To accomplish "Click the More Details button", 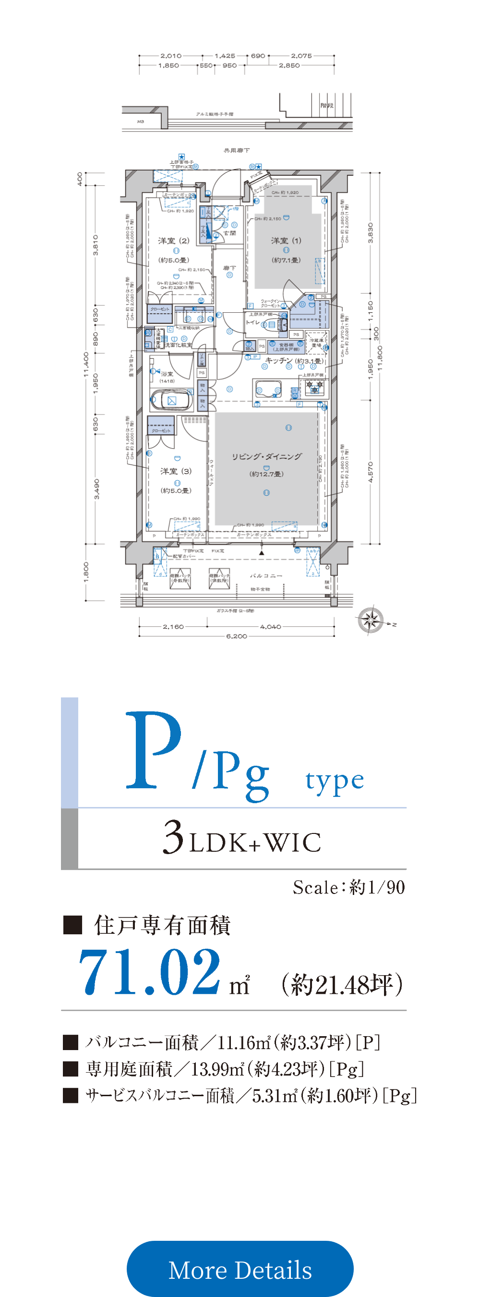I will (240, 1269).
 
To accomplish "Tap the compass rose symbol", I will (371, 620).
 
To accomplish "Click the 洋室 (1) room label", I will (286, 241).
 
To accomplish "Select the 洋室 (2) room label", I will (174, 241).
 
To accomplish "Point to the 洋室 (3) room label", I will (176, 471).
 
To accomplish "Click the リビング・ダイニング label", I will (267, 457).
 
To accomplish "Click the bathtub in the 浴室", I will (171, 401).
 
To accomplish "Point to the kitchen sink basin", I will (268, 390).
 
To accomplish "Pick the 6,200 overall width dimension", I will (237, 636).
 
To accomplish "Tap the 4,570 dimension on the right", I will (371, 472).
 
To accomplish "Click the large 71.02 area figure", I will (150, 972).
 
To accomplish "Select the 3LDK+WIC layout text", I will (241, 839).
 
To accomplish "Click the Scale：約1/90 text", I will (348, 888).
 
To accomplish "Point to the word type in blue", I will (334, 781).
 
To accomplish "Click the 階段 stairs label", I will (326, 105).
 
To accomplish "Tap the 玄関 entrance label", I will (229, 233).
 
